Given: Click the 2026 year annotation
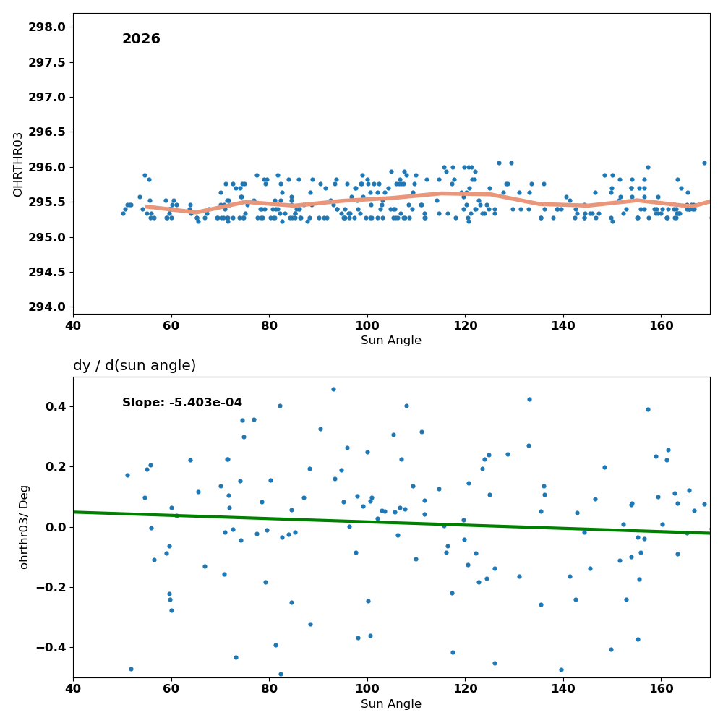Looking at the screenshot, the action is click(x=141, y=39).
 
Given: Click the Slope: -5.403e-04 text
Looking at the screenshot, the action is click(x=182, y=403).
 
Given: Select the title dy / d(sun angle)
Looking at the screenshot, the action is click(x=134, y=366).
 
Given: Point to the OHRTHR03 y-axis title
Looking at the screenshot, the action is click(x=17, y=164).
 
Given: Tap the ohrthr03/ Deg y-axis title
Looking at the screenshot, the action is click(x=24, y=527).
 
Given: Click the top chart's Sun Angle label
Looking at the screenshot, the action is click(x=391, y=341).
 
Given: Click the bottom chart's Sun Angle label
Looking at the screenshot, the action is click(x=391, y=704).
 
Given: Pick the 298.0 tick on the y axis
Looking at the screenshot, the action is click(x=47, y=27).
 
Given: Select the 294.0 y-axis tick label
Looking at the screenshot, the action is click(x=47, y=307).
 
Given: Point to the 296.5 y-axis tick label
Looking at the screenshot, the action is click(x=47, y=132).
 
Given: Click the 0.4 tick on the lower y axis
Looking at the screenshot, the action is click(x=55, y=406).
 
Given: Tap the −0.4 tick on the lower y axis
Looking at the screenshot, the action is click(x=51, y=648).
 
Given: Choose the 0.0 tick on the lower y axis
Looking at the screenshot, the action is click(x=55, y=528).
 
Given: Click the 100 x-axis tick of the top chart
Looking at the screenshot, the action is click(x=367, y=326).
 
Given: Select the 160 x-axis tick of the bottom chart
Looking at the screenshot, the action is click(x=662, y=689).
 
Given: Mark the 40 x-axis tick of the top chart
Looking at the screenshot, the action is click(x=73, y=326).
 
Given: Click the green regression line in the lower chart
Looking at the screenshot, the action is click(x=391, y=523).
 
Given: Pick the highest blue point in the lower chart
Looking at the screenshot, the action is click(x=333, y=390).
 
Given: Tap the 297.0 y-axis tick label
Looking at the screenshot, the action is click(x=47, y=98).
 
